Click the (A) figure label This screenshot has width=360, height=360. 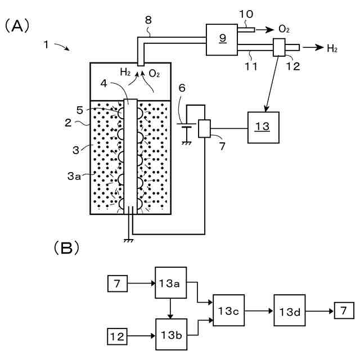(x=17, y=26)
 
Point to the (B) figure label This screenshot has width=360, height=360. (x=66, y=247)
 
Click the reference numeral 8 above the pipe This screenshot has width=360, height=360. (x=148, y=20)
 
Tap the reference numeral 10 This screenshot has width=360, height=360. (x=246, y=14)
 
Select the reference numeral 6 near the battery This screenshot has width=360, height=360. (x=182, y=88)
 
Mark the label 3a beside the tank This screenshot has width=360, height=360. (x=74, y=176)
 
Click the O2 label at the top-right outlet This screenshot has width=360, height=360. (x=284, y=29)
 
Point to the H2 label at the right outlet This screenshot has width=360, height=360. (x=332, y=48)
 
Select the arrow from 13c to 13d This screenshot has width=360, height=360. (x=259, y=311)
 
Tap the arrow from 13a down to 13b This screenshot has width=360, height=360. (x=170, y=309)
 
